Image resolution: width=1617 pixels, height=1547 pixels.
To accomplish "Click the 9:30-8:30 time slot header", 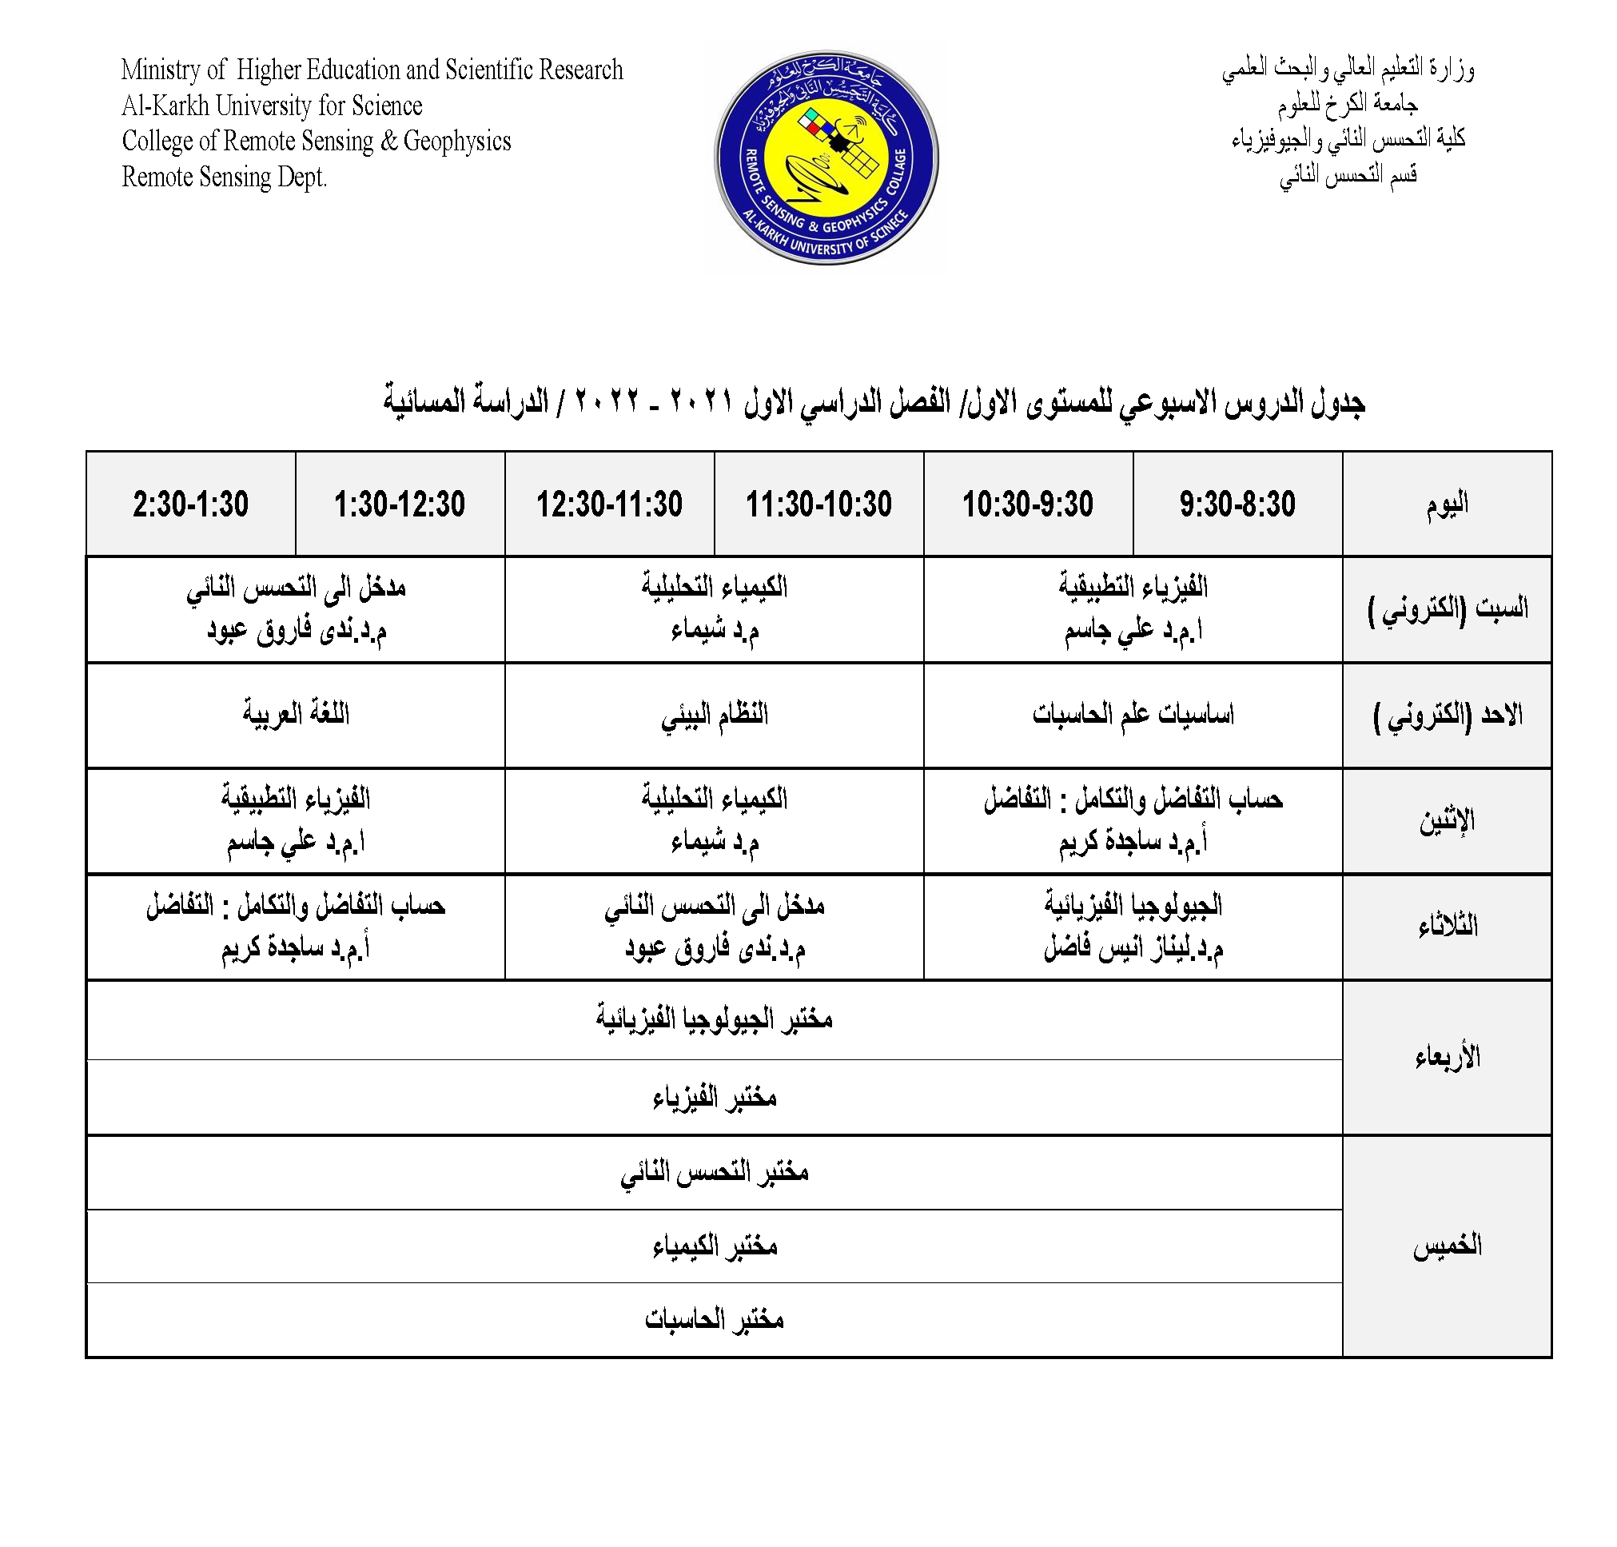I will pyautogui.click(x=1236, y=504).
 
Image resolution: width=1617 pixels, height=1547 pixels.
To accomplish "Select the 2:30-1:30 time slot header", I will pyautogui.click(x=190, y=504).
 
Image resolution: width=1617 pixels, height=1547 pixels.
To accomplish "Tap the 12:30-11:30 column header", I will pyautogui.click(x=609, y=504).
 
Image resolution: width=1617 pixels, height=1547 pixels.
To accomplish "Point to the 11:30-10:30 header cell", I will pyautogui.click(x=818, y=504).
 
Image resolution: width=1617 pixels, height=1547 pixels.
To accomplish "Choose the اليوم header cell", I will pyautogui.click(x=1446, y=504).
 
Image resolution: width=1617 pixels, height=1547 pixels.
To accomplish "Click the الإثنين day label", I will pyautogui.click(x=1446, y=820).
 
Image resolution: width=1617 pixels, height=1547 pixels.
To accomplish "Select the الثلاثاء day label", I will pyautogui.click(x=1446, y=926).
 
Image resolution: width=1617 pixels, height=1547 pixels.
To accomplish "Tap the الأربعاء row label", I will pyautogui.click(x=1446, y=1056).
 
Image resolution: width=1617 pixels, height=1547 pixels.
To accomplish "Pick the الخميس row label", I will pyautogui.click(x=1446, y=1245).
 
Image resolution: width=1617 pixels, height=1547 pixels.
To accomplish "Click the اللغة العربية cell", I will pyautogui.click(x=295, y=714).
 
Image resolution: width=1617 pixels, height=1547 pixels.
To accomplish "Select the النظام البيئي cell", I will pyautogui.click(x=714, y=714).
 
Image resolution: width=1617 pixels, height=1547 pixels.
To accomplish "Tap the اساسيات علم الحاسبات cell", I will pyautogui.click(x=1133, y=714).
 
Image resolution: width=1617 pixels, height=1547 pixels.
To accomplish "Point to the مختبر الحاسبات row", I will pyautogui.click(x=714, y=1319).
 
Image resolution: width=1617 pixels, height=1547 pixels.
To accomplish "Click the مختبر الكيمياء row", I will pyautogui.click(x=714, y=1245).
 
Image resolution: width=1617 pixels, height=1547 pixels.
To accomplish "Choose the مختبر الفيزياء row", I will pyautogui.click(x=714, y=1098).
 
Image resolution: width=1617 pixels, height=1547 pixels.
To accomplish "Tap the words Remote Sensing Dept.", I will pyautogui.click(x=225, y=177).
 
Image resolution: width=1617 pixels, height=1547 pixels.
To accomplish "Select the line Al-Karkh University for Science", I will pyautogui.click(x=272, y=106).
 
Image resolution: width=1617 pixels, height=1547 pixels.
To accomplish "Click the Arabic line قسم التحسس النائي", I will pyautogui.click(x=1348, y=175).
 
